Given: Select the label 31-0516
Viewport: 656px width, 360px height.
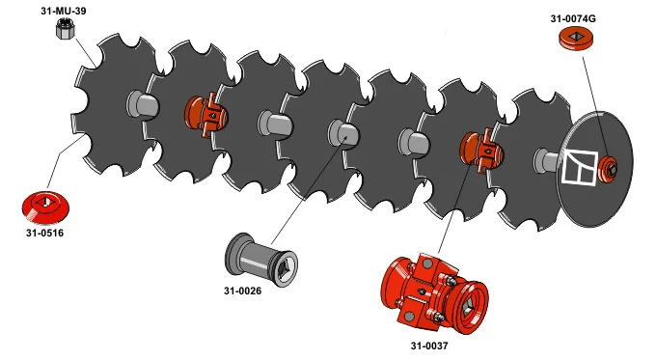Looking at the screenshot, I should click(x=44, y=233).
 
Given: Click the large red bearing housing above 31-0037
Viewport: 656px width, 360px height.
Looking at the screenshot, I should click(x=433, y=291).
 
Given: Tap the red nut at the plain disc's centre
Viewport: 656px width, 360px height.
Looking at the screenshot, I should click(x=608, y=170).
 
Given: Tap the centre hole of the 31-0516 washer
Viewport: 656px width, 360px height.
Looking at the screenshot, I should click(x=44, y=202).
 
